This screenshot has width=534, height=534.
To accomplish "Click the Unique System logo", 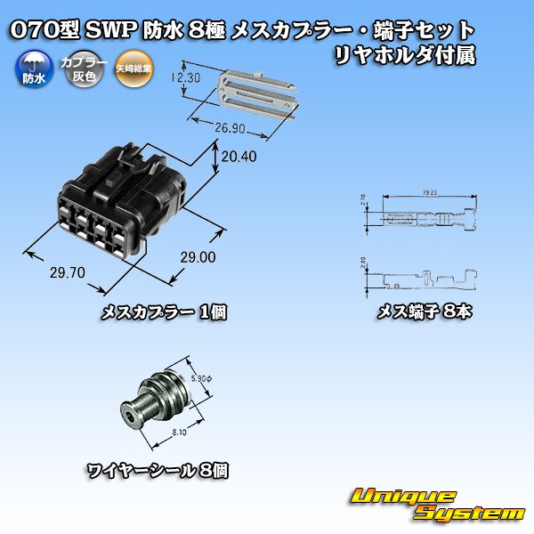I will tap(436, 504).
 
